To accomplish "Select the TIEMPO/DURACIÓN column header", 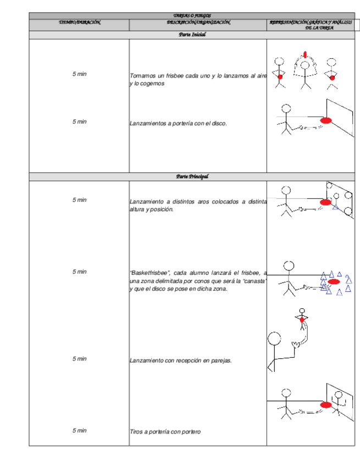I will [80, 23].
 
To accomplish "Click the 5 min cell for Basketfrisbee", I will [80, 272].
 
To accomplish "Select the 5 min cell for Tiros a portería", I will [80, 431].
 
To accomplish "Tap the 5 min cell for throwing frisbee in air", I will [80, 74].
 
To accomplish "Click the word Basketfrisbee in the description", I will [149, 273].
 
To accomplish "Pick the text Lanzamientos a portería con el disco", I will [178, 124].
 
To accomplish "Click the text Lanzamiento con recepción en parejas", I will [180, 361].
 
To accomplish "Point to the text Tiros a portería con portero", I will [165, 432].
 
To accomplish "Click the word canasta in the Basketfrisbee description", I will [255, 281].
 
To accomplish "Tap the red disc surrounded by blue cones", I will [334, 281].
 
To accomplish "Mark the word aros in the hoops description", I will [212, 202].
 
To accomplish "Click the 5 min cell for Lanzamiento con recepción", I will [80, 359].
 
